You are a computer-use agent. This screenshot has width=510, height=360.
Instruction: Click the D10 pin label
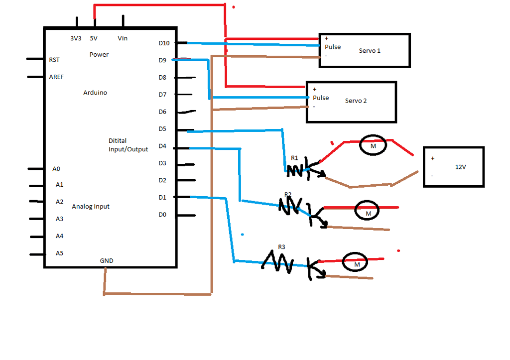click(164, 43)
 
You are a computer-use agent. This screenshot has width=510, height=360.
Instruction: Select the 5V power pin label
click(94, 38)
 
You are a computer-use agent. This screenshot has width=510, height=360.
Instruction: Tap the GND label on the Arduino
click(107, 261)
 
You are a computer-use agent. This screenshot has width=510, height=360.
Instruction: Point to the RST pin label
click(54, 60)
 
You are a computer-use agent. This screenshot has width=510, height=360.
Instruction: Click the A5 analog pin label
click(59, 253)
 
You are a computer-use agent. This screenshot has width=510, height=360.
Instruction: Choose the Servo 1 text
click(370, 51)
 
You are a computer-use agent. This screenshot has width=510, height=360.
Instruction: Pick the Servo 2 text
click(356, 101)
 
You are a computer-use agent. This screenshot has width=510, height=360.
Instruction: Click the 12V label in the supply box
click(460, 167)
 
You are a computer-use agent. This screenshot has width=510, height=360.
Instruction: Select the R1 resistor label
click(294, 158)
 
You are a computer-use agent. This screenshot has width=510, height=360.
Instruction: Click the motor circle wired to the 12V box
click(373, 145)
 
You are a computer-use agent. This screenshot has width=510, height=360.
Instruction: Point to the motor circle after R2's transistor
click(367, 212)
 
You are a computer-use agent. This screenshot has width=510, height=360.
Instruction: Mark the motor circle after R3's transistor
click(356, 263)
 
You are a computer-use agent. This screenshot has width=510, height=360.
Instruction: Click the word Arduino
click(95, 93)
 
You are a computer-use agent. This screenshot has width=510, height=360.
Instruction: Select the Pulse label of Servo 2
click(321, 98)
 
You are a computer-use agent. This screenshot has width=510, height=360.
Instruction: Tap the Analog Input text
click(91, 206)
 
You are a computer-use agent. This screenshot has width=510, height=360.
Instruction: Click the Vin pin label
click(123, 38)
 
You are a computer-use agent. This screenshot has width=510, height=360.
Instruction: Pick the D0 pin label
click(162, 215)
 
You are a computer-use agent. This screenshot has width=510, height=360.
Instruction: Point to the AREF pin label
click(56, 77)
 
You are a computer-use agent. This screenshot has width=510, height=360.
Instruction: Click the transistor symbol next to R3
click(315, 269)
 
